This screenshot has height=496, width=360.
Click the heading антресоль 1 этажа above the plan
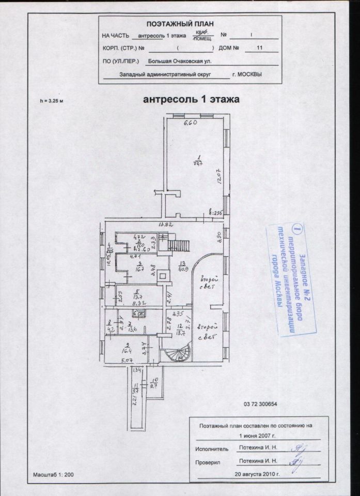tap(190, 99)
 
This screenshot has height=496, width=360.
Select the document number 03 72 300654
tap(259, 404)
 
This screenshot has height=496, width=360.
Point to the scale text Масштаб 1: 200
tap(54, 474)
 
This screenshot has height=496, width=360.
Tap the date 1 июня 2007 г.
tap(255, 435)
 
